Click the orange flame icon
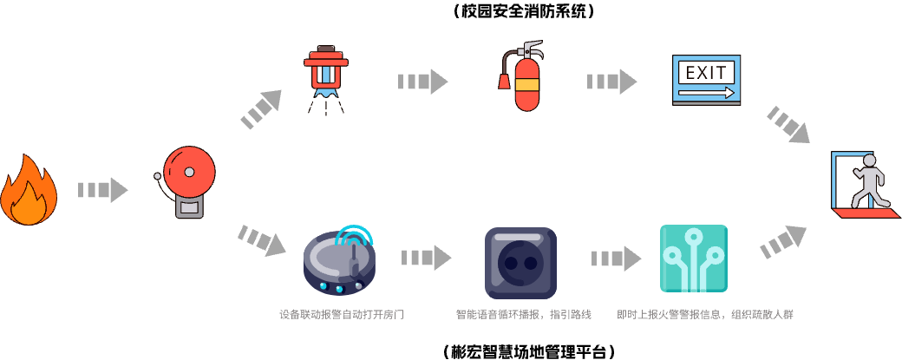(29, 193)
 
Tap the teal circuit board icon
(693, 259)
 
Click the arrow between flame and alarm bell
(102, 190)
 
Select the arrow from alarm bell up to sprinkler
(261, 109)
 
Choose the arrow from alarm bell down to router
(261, 239)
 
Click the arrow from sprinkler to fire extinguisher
(422, 82)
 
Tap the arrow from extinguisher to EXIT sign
(611, 82)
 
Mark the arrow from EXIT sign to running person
(788, 125)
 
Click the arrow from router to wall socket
(426, 258)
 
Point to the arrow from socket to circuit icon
(616, 259)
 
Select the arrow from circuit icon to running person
(783, 242)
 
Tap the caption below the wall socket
(523, 315)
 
